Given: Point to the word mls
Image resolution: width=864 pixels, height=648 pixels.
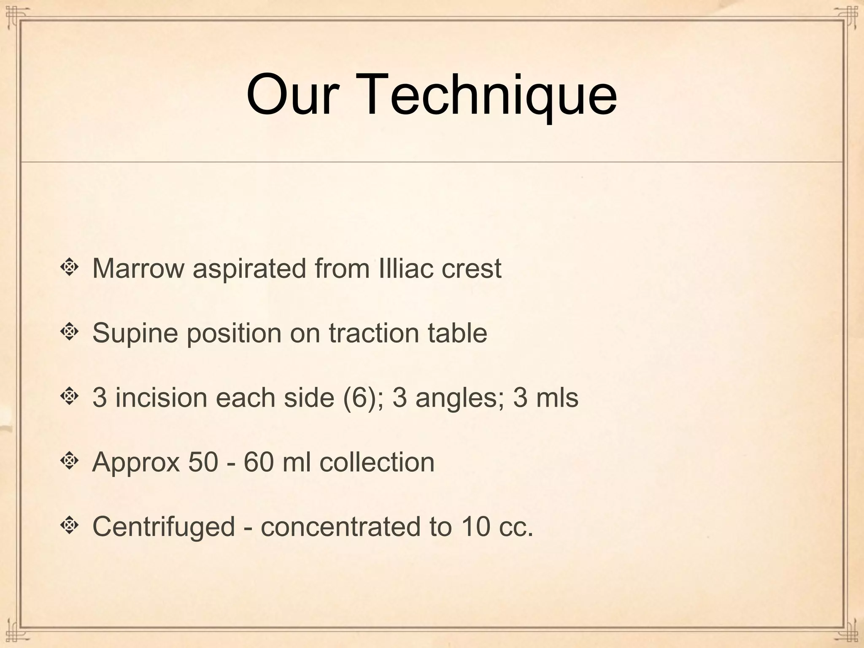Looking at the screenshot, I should [557, 397].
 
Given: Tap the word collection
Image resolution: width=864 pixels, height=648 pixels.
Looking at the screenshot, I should [377, 462].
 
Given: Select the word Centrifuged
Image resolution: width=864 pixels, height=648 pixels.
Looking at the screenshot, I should [163, 527].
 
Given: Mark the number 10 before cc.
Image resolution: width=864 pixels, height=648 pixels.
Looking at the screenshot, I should [475, 526].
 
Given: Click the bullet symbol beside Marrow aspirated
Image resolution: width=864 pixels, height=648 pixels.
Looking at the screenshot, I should [70, 267].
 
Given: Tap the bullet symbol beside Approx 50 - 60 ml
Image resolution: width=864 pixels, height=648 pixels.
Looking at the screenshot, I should [70, 461].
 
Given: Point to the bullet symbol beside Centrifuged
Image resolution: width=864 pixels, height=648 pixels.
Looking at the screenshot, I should [70, 526].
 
